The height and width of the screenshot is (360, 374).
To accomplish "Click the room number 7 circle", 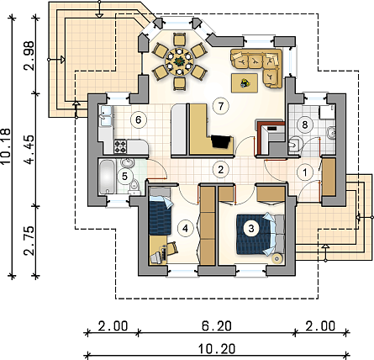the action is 221,106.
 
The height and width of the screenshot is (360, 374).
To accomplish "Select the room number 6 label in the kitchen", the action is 139,119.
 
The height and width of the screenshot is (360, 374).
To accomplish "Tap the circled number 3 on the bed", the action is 251,228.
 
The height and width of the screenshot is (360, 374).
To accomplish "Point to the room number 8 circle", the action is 305,124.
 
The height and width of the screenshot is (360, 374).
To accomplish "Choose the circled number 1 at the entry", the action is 305,172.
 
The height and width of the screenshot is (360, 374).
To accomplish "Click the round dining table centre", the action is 179,61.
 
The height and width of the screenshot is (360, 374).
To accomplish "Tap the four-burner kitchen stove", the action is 120,146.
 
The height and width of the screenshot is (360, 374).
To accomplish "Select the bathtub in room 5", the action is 107,177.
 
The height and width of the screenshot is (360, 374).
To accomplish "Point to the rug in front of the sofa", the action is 245,82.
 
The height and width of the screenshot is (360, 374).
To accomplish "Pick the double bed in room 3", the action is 261,235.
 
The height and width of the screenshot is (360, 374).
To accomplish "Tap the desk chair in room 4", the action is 171,248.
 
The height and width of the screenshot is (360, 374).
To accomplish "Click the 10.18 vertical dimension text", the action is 6,146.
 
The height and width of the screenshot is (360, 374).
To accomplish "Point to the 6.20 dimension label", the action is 217,326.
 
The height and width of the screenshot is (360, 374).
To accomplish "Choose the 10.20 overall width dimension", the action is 217,349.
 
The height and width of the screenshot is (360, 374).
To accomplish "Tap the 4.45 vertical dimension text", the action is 29,149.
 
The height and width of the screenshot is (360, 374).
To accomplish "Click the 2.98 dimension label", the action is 29,56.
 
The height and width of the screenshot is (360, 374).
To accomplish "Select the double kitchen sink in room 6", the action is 106,116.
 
